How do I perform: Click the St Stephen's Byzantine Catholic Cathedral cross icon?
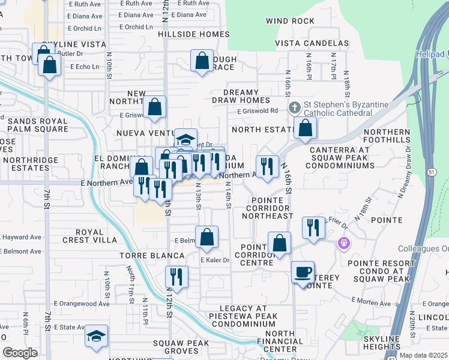[x=294, y=108]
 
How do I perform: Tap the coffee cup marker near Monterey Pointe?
[x=303, y=272]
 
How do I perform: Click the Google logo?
[x=20, y=353]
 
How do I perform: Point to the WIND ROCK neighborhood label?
[x=291, y=21]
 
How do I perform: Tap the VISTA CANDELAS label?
[x=312, y=44]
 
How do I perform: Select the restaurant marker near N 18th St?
[x=312, y=228]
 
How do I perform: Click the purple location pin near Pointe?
[x=343, y=244]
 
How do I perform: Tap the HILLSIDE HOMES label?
[x=194, y=34]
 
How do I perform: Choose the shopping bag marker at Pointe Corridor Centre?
[x=279, y=243]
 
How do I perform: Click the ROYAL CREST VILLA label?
[x=97, y=236]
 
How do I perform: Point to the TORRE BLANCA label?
[x=152, y=256]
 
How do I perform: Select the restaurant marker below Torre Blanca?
[x=176, y=277]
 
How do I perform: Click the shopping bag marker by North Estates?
[x=306, y=127]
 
